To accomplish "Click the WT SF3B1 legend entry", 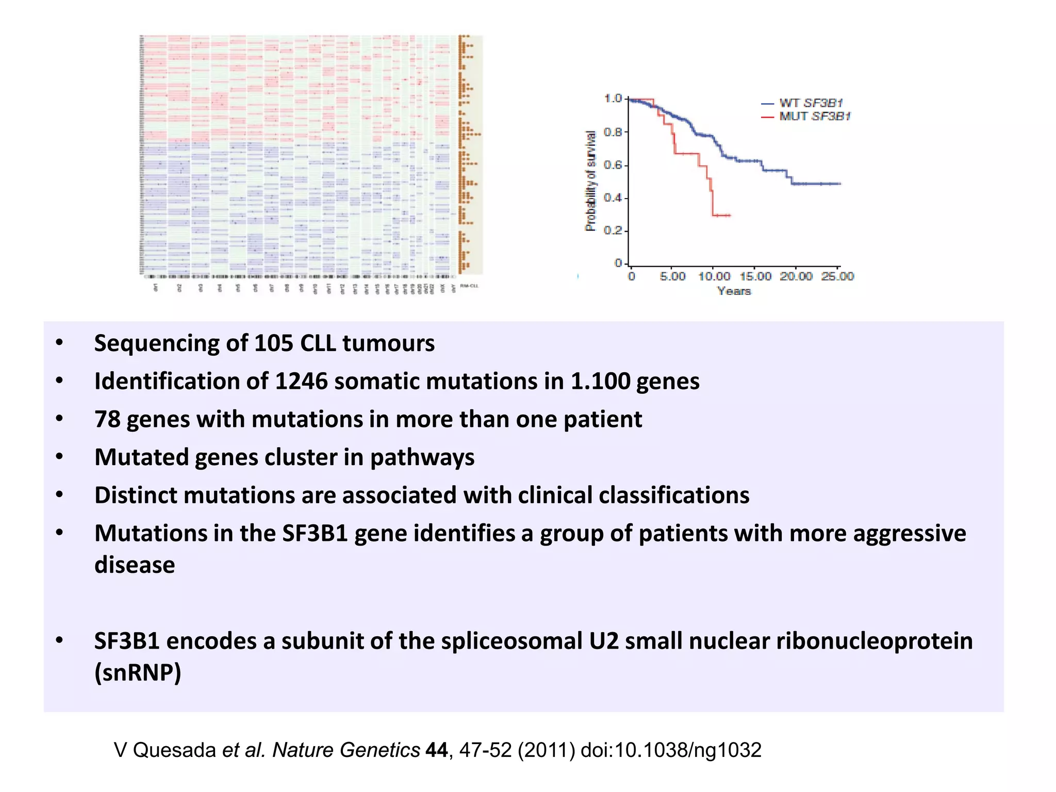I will coord(810,103).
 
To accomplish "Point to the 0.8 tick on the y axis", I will coord(614,132).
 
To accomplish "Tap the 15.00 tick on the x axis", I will coord(755,276).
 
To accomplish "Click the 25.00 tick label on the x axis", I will coord(837,276).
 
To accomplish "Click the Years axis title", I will coord(734,291).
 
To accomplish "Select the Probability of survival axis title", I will coord(590,180).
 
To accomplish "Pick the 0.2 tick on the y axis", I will coord(614,230).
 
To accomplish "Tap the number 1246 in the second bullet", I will coord(301,382).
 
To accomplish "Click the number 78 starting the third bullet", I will coord(107,419).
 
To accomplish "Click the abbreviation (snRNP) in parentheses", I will coord(138,672).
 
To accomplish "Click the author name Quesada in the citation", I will coord(174,750).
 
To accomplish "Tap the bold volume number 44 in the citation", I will coord(436,750).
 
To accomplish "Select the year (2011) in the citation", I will coord(546,750).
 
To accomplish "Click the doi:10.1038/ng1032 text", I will coord(671,750).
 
